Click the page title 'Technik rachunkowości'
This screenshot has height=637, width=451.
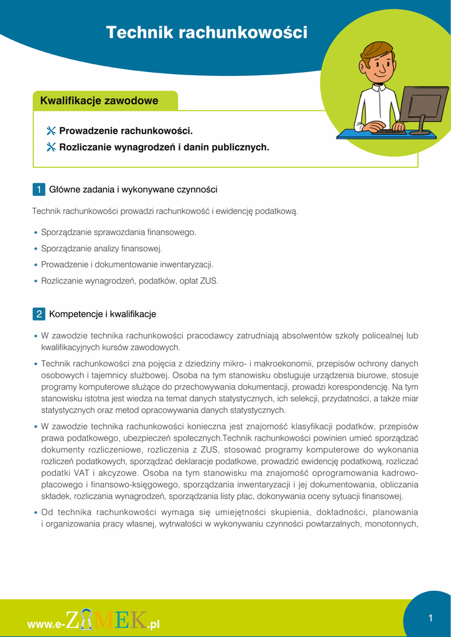(x=207, y=32)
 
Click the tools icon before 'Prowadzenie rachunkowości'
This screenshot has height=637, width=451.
(x=51, y=131)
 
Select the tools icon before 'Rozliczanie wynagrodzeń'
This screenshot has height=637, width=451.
(x=51, y=147)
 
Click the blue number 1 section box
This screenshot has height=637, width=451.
(x=39, y=189)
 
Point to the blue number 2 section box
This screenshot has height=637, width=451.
(x=39, y=314)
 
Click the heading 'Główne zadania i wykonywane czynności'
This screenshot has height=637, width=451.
(x=133, y=189)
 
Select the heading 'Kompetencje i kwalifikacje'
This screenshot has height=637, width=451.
(x=103, y=314)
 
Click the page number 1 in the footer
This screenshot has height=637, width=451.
(x=430, y=618)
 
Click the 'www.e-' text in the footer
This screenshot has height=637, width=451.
(x=45, y=624)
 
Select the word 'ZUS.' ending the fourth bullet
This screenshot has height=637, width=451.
(x=209, y=281)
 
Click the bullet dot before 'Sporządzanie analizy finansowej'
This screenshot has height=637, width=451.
(x=35, y=249)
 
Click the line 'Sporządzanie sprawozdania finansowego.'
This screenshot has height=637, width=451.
(x=118, y=232)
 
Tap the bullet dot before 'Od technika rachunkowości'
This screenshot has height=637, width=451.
(x=35, y=513)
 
